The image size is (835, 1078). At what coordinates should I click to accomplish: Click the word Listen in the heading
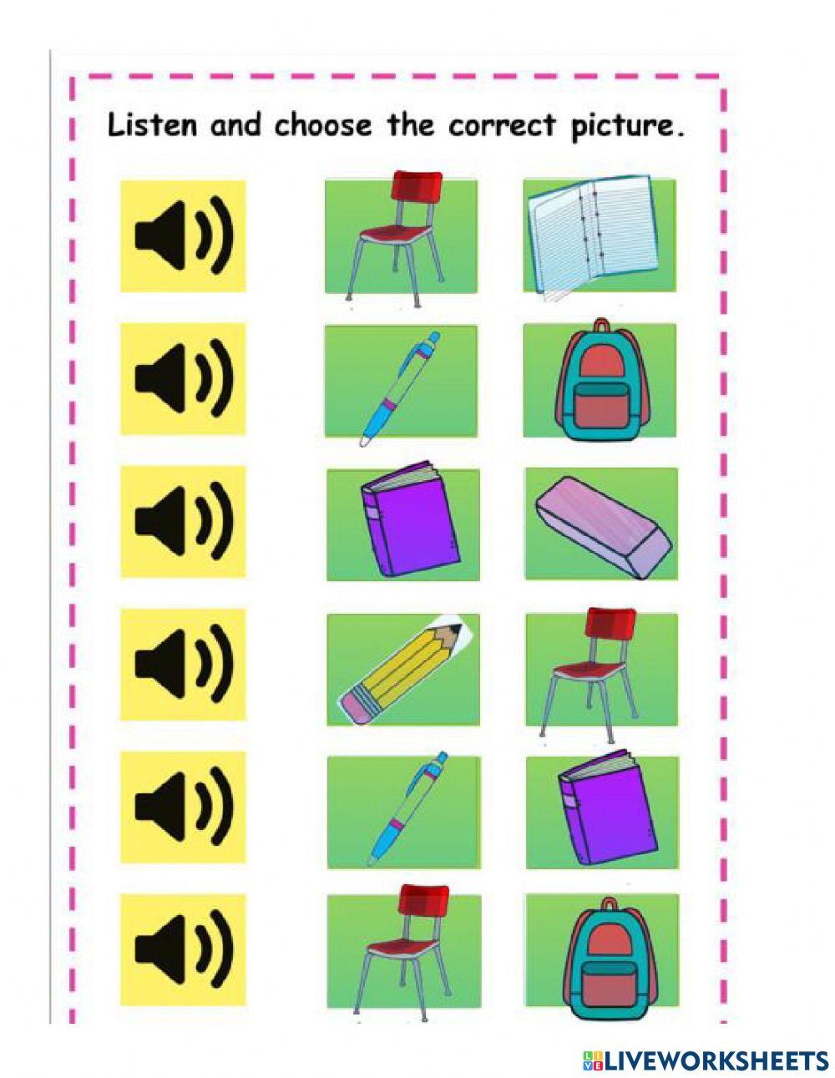153,125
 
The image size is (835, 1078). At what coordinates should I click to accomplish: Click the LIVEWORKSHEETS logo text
706,1060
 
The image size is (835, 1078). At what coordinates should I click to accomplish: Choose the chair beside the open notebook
398,235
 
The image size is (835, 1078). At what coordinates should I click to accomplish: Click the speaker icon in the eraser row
183,521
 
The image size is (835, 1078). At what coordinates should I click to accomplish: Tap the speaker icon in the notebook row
183,236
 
